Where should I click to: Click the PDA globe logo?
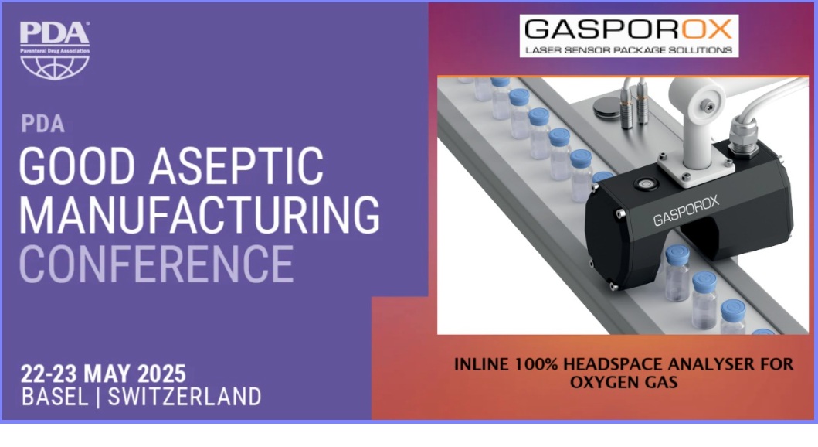click(x=55, y=50)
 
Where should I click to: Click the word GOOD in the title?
click(x=76, y=166)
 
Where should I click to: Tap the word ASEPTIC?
click(x=237, y=166)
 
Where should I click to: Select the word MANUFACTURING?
click(x=199, y=215)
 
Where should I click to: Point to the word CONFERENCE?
click(x=157, y=264)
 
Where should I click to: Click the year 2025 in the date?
click(x=161, y=374)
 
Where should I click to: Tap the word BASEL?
click(x=55, y=397)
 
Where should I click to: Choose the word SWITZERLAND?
click(x=185, y=397)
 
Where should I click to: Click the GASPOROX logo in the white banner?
click(x=629, y=29)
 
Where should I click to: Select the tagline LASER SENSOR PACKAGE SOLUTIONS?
click(x=629, y=50)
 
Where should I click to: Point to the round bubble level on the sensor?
click(x=645, y=184)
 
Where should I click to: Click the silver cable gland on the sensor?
click(x=742, y=136)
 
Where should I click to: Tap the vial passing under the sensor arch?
click(x=677, y=274)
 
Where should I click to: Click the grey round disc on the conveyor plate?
click(x=606, y=107)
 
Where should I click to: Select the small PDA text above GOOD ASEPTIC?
click(x=43, y=125)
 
